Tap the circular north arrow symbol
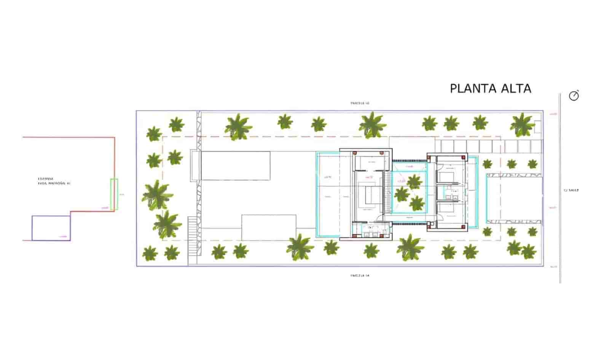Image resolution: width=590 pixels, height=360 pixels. tap(574, 96)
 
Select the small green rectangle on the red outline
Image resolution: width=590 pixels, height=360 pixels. tap(114, 194)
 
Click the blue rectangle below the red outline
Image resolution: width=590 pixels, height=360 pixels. tap(51, 228)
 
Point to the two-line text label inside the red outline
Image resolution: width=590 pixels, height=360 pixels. tap(54, 181)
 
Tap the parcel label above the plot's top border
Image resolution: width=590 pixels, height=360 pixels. tap(360, 103)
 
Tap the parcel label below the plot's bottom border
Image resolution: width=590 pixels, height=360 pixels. tap(360, 275)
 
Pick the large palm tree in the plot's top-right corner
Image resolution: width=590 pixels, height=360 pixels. tap(522, 124)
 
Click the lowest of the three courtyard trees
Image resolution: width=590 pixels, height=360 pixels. tap(417, 203)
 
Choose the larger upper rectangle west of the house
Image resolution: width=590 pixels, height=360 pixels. tap(236, 166)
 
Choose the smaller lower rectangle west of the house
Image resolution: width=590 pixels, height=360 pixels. tap(269, 227)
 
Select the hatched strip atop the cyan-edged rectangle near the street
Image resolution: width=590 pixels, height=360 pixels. tap(514, 175)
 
